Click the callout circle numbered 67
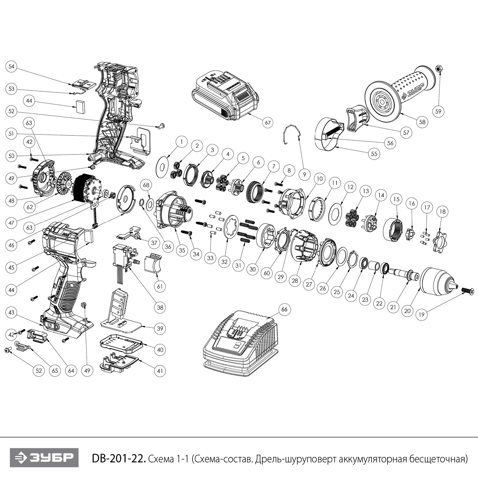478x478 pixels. pos(268,122)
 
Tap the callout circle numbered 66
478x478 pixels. pos(285,309)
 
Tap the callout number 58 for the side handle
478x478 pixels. pos(422,122)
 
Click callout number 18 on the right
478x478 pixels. pos(442,212)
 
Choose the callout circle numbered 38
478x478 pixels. pos(160,308)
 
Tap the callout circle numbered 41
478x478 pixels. pos(160,371)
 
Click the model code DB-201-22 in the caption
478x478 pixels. pos(119,459)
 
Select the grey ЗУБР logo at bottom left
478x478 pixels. pos(44,458)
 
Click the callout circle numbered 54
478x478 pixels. pos(11,67)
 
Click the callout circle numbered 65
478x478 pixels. pos(55,371)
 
